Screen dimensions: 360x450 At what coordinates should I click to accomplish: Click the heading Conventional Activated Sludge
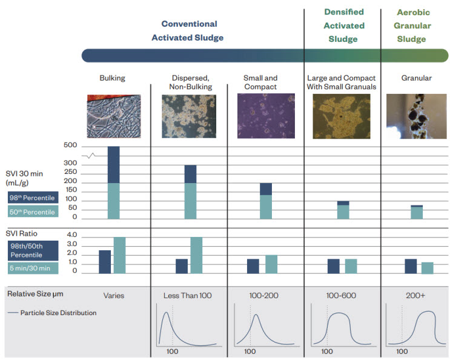point(189,31)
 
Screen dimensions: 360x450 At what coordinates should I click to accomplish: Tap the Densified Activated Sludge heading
point(344,25)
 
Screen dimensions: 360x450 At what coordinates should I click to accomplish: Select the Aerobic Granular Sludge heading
point(414,25)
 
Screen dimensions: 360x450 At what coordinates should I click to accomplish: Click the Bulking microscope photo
point(113,116)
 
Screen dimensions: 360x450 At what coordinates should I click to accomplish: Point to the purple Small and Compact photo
point(260,116)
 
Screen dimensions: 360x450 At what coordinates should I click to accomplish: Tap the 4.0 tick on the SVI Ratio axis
point(71,235)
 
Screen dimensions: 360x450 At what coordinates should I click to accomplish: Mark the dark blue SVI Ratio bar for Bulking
point(105,261)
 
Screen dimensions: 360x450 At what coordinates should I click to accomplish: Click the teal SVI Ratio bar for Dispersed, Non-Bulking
point(196,255)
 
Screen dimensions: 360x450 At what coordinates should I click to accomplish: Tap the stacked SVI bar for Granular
point(416,212)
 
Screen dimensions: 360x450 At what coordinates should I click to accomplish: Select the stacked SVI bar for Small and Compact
point(265,201)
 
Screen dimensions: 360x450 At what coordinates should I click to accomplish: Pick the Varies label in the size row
point(113,295)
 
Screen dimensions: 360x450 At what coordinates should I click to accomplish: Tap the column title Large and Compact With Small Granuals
point(342,82)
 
